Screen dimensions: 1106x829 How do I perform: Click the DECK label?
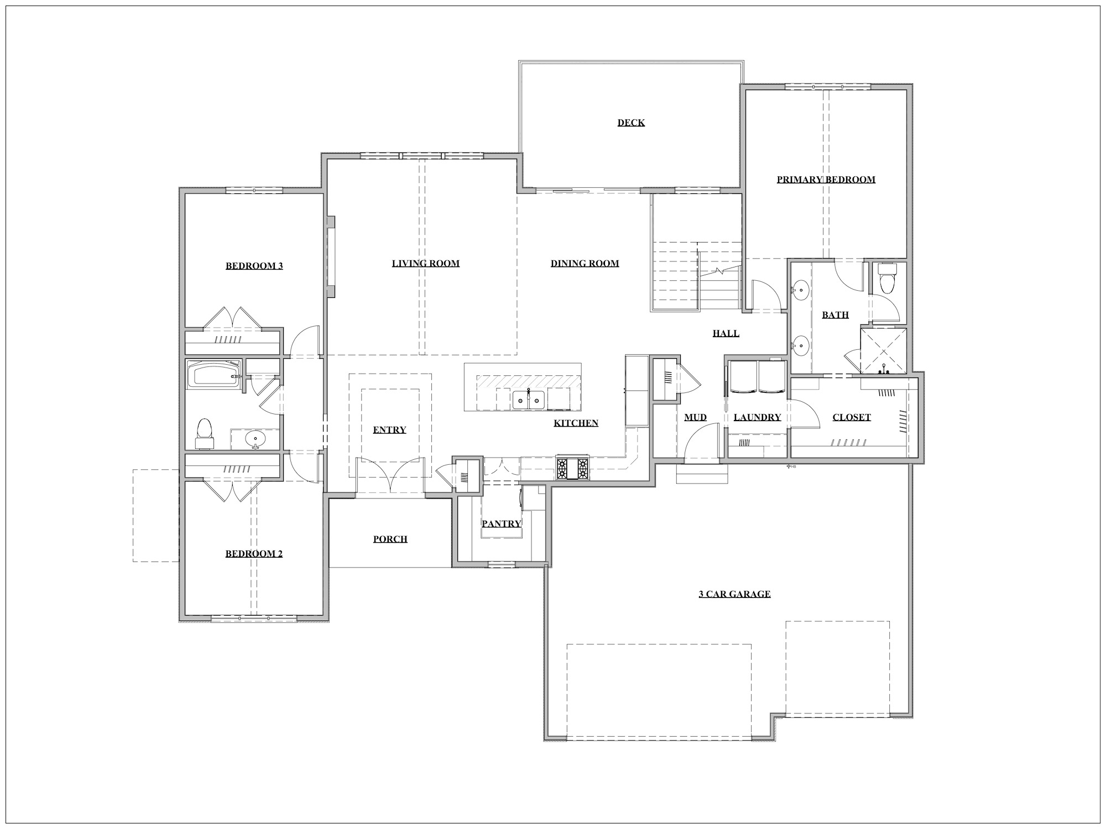[631, 123]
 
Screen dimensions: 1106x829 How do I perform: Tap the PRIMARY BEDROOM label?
[826, 180]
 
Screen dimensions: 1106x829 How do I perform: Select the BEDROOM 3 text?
[254, 266]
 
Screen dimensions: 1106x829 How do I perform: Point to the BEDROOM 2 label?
[254, 554]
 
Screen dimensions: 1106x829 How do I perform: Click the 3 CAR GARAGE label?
[734, 594]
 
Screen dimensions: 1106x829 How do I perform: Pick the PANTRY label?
[501, 523]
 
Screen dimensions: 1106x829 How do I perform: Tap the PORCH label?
[390, 539]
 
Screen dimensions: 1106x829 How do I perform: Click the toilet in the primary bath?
[887, 278]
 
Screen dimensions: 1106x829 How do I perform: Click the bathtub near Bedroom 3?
[214, 375]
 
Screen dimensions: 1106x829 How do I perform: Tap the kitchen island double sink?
[529, 398]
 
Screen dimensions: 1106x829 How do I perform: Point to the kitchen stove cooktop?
[572, 469]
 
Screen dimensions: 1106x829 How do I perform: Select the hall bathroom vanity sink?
[255, 440]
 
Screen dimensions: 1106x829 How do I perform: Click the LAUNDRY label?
[757, 417]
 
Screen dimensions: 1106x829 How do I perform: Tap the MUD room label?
[695, 417]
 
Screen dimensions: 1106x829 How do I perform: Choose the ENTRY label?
[389, 430]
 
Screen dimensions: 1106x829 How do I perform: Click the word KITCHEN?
[576, 423]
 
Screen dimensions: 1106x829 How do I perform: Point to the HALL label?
[726, 333]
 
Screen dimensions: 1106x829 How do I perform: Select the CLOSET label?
[852, 417]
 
